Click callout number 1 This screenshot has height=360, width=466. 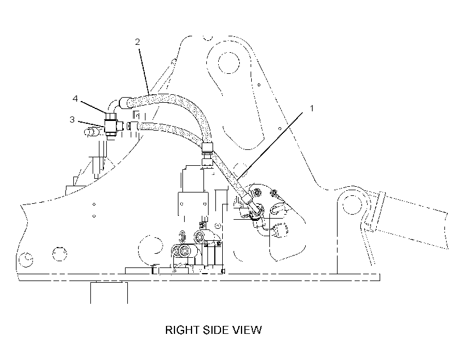312,108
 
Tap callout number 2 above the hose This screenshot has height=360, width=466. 138,42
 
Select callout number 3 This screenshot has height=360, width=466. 72,119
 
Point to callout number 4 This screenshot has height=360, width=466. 75,98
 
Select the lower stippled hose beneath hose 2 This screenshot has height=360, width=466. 172,130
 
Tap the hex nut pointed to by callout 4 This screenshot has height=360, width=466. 110,116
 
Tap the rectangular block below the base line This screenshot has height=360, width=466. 109,292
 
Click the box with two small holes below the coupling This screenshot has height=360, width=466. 193,203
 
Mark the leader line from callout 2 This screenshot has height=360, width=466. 144,70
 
